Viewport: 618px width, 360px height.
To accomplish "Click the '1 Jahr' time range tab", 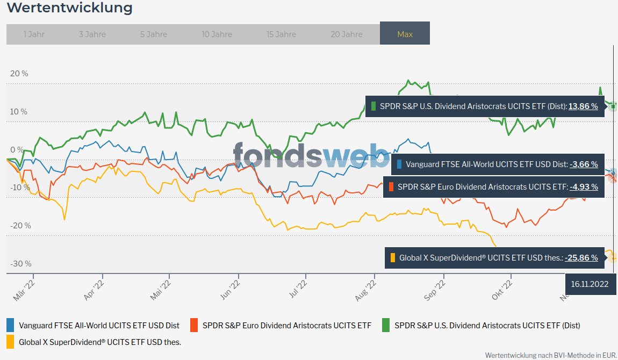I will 34,34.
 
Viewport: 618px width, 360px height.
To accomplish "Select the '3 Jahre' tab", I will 92,34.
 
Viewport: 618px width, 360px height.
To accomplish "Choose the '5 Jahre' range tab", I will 154,34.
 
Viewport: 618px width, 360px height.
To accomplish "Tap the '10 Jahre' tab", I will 217,34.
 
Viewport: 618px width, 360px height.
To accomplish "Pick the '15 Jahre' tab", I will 281,34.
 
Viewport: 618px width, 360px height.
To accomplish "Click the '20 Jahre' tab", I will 346,34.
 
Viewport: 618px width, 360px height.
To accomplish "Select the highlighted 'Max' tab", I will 405,34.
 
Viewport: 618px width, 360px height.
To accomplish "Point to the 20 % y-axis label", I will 19,74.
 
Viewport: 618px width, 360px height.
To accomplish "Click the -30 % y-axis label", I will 20,264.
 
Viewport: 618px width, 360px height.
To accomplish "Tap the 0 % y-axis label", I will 17,150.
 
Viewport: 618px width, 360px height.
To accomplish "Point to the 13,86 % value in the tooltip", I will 584,106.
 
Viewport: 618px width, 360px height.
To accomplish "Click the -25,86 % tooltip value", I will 581,258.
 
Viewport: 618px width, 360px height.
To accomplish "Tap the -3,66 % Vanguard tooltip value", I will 584,164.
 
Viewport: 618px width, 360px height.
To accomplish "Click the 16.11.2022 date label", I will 590,284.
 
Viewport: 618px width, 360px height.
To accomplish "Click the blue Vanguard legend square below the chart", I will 10,325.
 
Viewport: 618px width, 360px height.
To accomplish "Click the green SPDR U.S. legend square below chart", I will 386,325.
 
